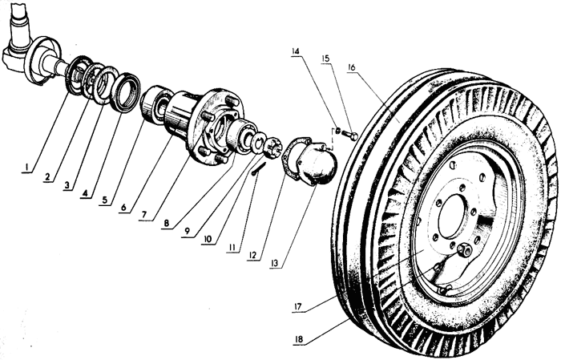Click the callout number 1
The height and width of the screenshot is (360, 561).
(26, 167)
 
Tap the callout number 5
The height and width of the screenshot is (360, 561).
(104, 200)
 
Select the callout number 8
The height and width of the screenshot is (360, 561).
(167, 224)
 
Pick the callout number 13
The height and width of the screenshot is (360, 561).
(275, 263)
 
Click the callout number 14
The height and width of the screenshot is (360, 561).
(295, 51)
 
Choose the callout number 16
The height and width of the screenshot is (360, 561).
(351, 67)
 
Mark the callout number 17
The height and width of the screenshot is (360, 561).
(297, 306)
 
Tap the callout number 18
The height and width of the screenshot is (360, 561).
(300, 339)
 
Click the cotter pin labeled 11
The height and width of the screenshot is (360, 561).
(258, 168)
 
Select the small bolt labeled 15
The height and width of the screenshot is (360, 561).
(349, 135)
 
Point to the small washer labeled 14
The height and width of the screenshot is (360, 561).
(337, 130)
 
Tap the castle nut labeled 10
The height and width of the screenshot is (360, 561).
(272, 147)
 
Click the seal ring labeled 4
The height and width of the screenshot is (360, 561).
(124, 91)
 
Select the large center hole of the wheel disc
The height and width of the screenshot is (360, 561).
(454, 216)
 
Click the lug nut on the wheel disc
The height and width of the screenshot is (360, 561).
(465, 249)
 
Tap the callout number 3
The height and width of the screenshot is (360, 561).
(67, 185)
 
